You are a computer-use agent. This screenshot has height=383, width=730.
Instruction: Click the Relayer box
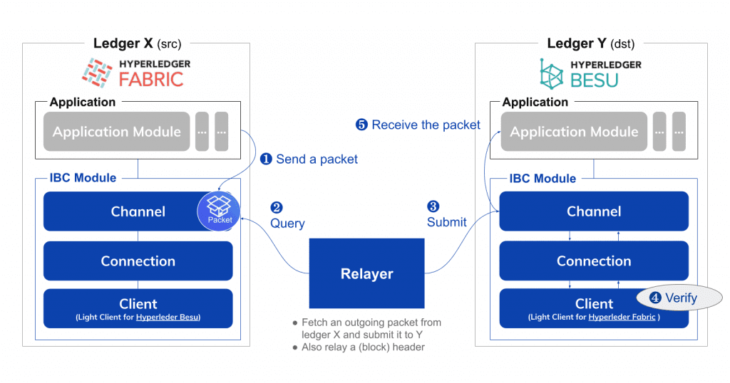(x=366, y=273)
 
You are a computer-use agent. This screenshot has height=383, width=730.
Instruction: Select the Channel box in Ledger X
(x=121, y=211)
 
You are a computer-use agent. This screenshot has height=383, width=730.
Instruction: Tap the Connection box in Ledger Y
(x=593, y=261)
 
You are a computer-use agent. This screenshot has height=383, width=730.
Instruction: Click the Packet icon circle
(x=219, y=210)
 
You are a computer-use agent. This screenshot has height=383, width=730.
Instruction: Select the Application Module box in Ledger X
(x=116, y=132)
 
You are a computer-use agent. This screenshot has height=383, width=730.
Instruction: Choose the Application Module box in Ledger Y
(x=573, y=132)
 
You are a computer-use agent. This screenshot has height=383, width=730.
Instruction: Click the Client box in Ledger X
(x=138, y=308)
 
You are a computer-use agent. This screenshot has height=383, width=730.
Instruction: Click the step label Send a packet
(x=309, y=159)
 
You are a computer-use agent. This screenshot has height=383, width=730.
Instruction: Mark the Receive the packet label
(x=418, y=125)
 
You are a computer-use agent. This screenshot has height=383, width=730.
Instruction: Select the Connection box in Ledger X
(x=138, y=261)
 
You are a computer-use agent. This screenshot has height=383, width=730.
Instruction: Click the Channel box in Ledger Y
(x=593, y=211)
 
